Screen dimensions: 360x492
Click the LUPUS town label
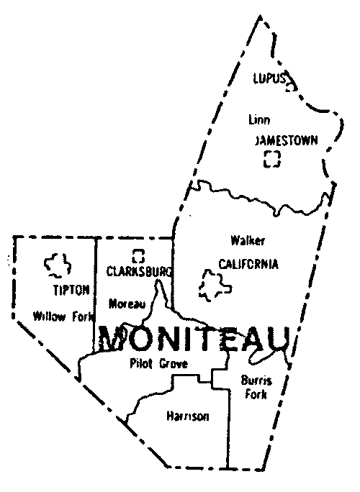269,78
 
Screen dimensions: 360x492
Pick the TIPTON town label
71,290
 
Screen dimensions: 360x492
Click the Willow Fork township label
63,314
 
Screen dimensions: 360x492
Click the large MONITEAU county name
194,337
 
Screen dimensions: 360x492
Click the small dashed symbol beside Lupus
290,86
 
